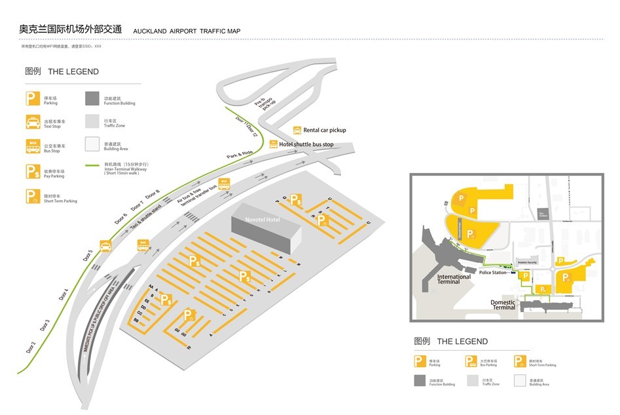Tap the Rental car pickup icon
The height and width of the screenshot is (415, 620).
[297, 130]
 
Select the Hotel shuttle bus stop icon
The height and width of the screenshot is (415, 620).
[274, 144]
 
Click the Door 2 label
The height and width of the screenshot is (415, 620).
[31, 347]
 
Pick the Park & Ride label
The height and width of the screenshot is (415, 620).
[240, 155]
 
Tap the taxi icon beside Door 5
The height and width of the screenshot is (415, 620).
[105, 246]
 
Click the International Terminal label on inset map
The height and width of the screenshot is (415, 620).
[454, 279]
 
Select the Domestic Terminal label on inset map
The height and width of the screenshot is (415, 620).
[503, 305]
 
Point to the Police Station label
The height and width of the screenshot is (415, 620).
[492, 272]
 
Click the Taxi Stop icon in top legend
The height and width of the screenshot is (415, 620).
[33, 122]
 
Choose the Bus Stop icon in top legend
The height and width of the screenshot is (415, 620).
[33, 146]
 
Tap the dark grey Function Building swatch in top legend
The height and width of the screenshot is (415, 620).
[92, 99]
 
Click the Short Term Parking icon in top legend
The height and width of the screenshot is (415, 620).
[33, 196]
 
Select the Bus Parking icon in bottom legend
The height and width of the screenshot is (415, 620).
[471, 361]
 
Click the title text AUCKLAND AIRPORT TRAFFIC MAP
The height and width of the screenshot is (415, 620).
[187, 31]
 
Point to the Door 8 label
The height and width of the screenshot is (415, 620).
[152, 195]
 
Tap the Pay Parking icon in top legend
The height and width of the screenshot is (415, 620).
[33, 172]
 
